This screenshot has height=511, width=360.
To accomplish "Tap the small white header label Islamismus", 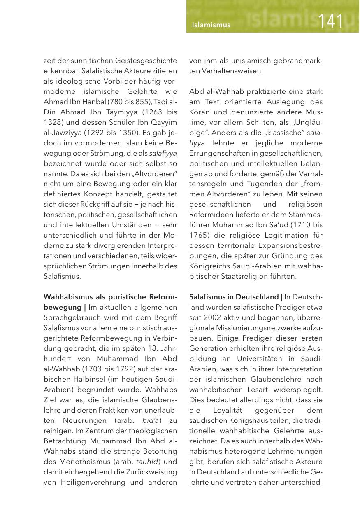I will point(211,25).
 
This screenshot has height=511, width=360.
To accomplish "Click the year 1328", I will point(52,122).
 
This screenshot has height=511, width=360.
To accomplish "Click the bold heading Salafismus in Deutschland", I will point(234,297).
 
